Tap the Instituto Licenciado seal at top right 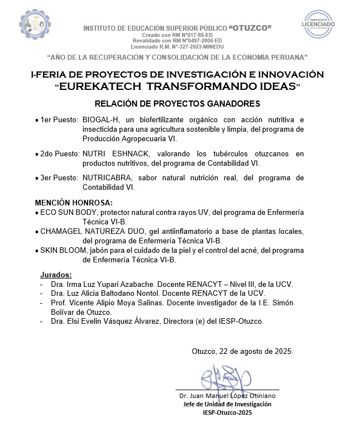tap(319, 25)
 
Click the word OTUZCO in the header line tap(252, 28)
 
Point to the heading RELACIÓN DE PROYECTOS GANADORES tap(177, 104)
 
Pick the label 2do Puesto tap(59, 153)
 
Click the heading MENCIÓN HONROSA tap(73, 202)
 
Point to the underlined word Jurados tap(56, 275)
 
